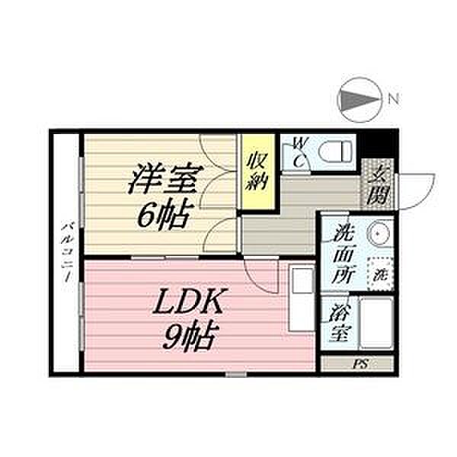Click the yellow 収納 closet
click(x=257, y=171)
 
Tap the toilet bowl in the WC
click(x=334, y=152)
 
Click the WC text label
click(x=299, y=153)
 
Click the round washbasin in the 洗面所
click(x=379, y=233)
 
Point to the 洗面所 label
click(x=344, y=254)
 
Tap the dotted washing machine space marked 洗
click(x=380, y=274)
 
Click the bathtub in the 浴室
click(x=376, y=323)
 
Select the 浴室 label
click(x=340, y=323)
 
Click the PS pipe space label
click(x=360, y=364)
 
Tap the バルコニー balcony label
click(x=67, y=252)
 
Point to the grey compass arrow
click(x=360, y=100)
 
